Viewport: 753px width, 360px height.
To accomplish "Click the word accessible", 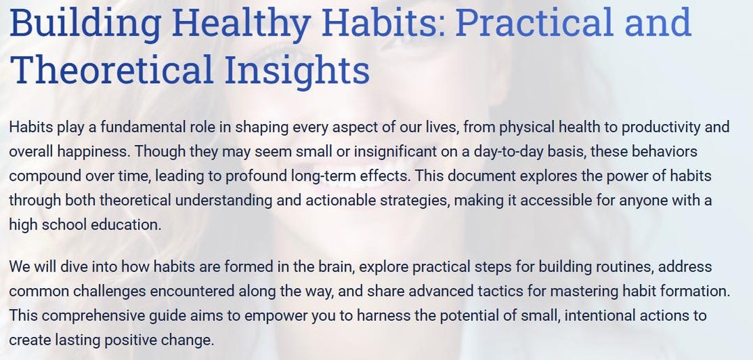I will (558, 200).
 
